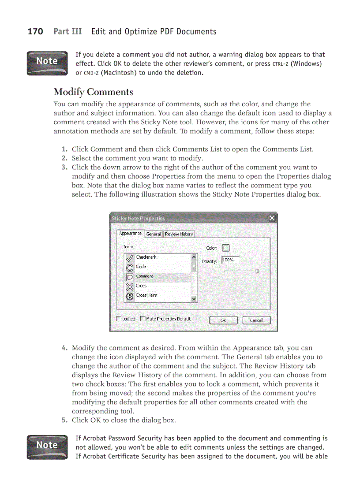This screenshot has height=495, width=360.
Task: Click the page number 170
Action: coord(35,31)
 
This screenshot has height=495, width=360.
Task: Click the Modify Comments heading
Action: coord(93,92)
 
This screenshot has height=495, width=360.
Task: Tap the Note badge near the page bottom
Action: coord(47,447)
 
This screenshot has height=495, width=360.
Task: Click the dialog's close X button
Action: coord(272,218)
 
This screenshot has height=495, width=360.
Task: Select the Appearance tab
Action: coord(130,234)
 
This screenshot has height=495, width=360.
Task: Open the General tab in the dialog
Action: coord(154,234)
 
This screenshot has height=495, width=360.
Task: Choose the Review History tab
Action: coord(179,234)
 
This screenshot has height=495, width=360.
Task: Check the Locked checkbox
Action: coord(119,319)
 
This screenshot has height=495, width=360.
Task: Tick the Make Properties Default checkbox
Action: coord(143,319)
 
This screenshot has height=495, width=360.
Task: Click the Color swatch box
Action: coord(225,248)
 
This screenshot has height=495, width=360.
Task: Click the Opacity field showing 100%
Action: coord(230,261)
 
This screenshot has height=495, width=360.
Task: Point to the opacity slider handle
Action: coord(257,271)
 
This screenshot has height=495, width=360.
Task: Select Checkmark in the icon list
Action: coord(146,257)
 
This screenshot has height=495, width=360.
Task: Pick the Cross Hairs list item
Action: coord(146,295)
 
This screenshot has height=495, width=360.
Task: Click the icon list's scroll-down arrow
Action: coord(194,298)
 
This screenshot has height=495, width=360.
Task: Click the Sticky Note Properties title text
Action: coord(139,219)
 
